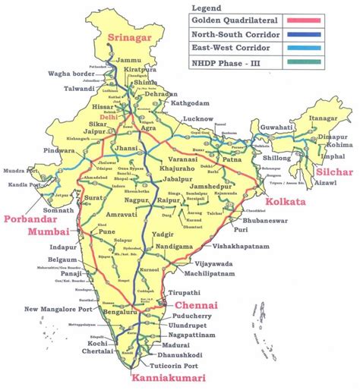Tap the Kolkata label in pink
(x=286, y=201)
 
